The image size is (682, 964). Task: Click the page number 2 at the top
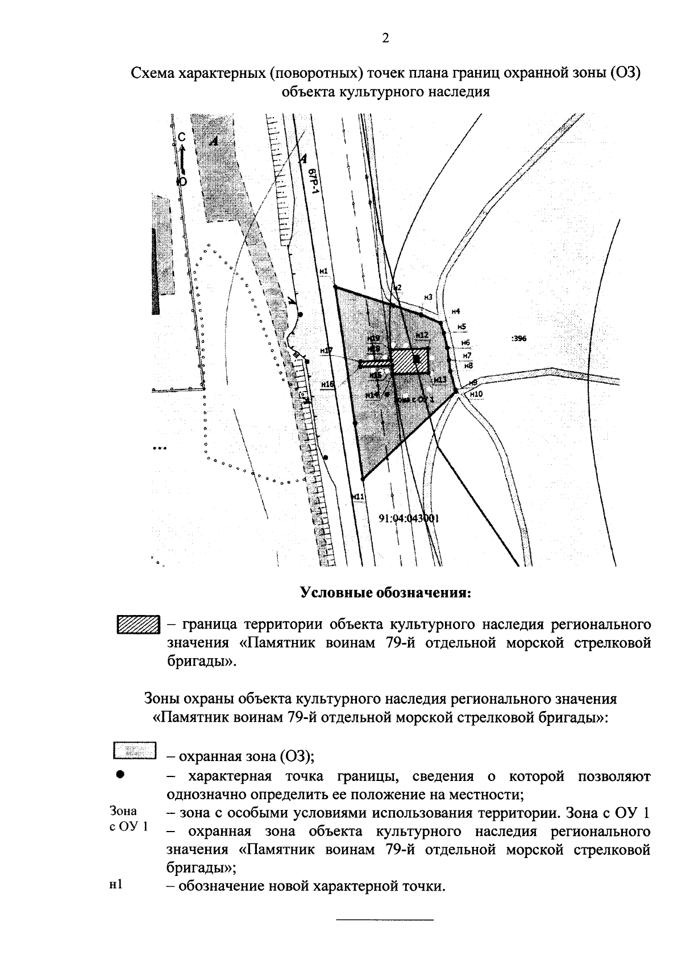(x=385, y=39)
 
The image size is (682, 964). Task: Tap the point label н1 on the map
(x=324, y=272)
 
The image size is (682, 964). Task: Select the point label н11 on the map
(x=357, y=497)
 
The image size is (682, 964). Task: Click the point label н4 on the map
(x=455, y=311)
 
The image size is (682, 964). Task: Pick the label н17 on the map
(x=326, y=351)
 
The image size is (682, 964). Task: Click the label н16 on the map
(x=327, y=384)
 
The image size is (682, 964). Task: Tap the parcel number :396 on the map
(x=519, y=338)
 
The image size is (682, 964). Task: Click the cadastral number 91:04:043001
(x=409, y=518)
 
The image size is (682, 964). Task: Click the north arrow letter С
(x=181, y=137)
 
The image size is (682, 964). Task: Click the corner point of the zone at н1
(x=335, y=286)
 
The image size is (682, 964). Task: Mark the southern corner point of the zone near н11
(x=361, y=479)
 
